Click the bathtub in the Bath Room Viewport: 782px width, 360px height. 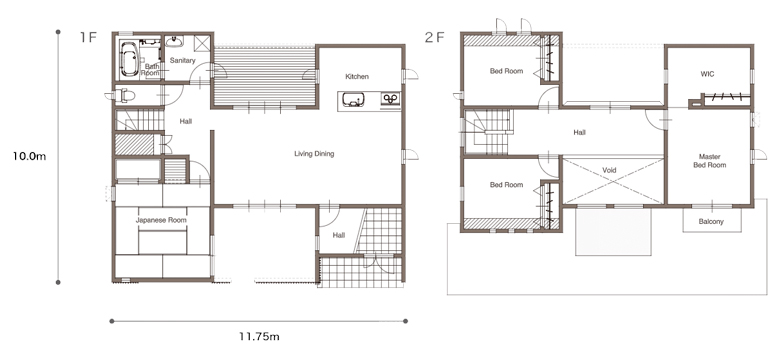129,59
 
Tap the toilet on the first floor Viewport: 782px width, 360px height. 125,95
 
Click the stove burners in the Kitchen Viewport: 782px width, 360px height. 391,99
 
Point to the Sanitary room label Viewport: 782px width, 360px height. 183,61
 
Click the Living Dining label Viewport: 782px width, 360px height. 314,154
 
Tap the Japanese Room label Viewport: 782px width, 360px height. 161,220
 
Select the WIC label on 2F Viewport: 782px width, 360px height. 707,74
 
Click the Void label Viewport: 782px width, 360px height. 609,170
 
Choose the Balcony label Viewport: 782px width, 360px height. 711,221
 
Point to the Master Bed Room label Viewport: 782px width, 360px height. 710,161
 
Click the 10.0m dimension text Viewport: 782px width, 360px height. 29,156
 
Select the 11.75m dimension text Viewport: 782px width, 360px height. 259,337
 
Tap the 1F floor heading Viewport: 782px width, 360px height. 87,37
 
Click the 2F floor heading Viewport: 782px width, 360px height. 435,37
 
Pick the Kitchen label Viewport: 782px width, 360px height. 357,76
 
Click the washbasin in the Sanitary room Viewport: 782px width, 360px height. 175,41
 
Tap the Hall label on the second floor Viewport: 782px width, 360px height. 580,133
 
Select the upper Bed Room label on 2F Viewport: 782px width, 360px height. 507,71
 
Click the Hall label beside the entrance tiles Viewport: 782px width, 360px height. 339,235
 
